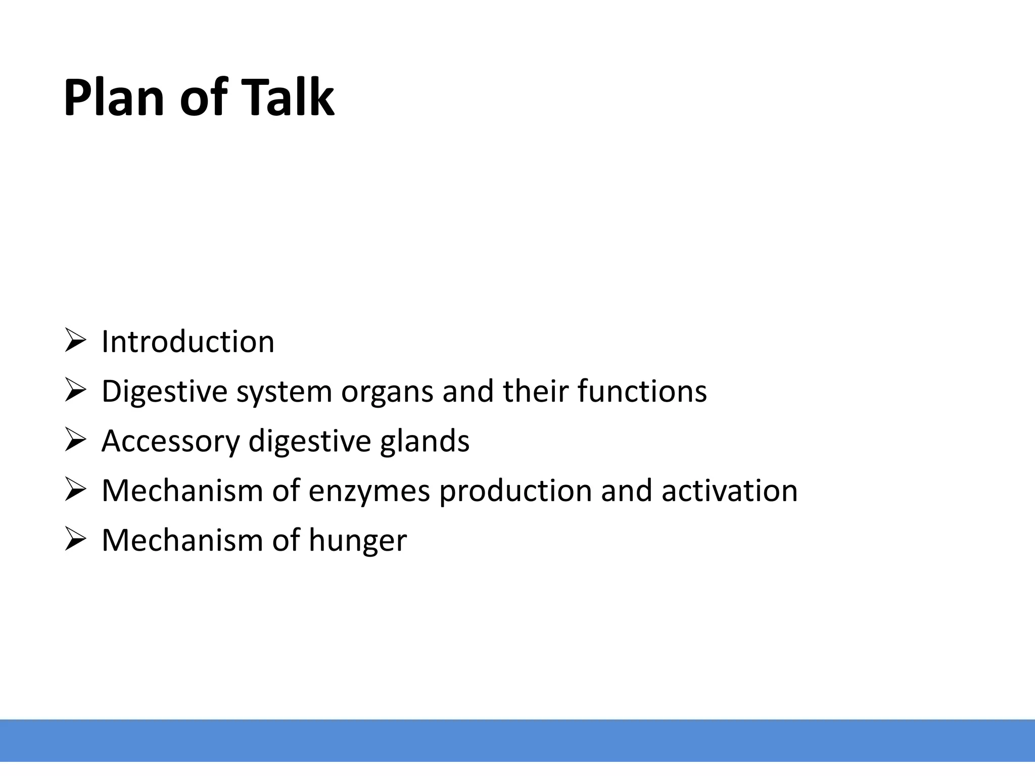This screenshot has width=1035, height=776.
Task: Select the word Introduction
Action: coord(187,342)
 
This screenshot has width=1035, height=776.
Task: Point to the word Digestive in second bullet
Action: coord(164,392)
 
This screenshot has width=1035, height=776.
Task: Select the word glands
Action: coord(425,441)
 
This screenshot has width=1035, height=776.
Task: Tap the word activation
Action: coord(729,491)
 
